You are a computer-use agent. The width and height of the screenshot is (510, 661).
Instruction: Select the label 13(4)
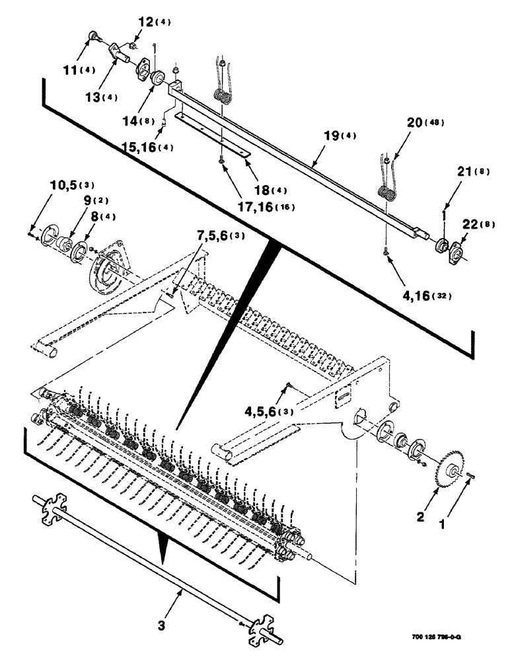(99, 97)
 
